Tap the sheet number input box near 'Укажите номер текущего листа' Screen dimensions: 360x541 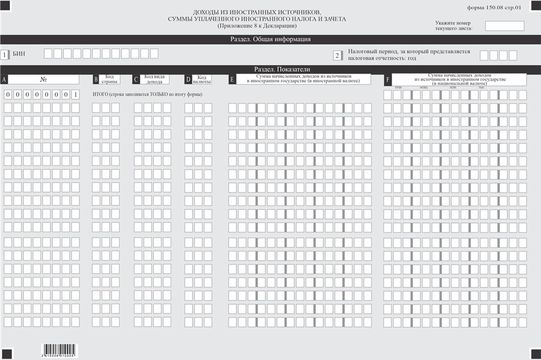504,26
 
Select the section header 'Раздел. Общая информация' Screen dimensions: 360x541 270,39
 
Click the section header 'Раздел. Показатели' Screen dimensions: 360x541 270,69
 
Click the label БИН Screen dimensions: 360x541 19,54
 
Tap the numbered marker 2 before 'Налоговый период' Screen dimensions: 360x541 337,56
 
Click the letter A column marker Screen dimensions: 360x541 4,79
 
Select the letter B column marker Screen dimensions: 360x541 96,80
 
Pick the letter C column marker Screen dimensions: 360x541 136,80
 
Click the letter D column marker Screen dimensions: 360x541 188,80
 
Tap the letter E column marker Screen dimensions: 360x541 232,80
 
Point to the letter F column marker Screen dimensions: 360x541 387,80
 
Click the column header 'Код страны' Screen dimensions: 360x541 110,80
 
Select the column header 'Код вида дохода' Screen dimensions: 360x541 154,80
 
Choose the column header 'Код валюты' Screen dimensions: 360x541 202,80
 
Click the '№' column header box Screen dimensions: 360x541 44,79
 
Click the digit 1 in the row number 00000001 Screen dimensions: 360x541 75,95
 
